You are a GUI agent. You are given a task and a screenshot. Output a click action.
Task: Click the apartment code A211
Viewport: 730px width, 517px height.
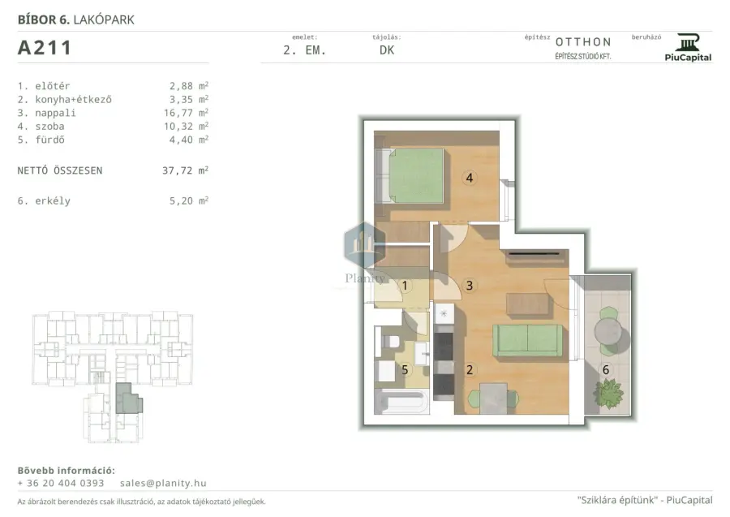[45, 48]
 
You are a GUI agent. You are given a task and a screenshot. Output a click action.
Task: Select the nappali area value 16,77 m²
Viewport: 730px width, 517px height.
[186, 113]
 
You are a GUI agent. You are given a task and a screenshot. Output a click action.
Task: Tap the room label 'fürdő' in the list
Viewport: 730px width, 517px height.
[49, 140]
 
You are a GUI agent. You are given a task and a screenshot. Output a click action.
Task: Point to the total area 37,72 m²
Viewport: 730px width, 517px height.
[185, 170]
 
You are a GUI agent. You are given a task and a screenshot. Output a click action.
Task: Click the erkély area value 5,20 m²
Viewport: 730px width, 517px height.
[188, 200]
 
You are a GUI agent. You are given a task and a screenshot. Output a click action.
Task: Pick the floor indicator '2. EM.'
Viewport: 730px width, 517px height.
[304, 50]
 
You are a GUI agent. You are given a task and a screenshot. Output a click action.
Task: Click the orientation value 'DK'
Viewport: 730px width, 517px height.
[387, 50]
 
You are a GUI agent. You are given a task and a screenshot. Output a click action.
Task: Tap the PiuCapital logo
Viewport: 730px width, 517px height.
[688, 48]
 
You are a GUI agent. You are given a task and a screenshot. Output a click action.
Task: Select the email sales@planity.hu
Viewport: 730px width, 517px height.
[163, 483]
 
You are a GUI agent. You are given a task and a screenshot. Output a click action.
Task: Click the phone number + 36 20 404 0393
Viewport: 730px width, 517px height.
[61, 483]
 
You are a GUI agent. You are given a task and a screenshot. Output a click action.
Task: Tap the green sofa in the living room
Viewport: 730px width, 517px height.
[527, 340]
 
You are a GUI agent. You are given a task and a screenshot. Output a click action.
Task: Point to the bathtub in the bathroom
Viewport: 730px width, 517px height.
[401, 402]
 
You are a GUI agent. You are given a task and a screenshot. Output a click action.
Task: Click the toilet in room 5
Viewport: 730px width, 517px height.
[390, 342]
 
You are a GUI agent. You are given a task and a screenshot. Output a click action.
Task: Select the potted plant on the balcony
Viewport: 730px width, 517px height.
[608, 394]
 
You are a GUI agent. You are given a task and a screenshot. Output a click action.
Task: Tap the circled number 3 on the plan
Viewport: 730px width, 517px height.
[470, 286]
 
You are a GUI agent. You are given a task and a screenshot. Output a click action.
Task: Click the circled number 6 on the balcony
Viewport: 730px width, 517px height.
[606, 370]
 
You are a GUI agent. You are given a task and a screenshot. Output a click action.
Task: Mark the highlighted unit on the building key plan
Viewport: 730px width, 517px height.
[128, 399]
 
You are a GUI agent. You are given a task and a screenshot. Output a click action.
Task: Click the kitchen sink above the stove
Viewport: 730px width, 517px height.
[444, 313]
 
